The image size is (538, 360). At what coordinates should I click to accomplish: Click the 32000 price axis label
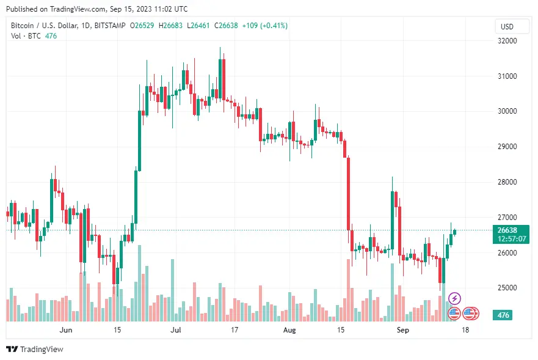click(x=508, y=41)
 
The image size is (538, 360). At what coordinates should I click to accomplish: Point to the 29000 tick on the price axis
click(x=508, y=147)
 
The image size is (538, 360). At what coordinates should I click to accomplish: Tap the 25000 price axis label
click(x=508, y=288)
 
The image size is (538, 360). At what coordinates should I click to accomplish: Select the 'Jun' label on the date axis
click(x=67, y=329)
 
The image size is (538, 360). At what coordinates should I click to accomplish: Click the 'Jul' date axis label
click(x=176, y=329)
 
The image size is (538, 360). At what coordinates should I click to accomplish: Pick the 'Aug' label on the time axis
click(x=289, y=329)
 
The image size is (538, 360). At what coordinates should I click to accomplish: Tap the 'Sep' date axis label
click(x=402, y=329)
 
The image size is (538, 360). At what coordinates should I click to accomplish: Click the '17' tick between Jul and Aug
click(x=234, y=329)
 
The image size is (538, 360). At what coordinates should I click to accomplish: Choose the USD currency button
click(x=507, y=26)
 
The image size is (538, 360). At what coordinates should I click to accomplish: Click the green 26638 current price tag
click(x=508, y=230)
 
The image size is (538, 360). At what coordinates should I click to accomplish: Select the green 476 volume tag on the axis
click(x=504, y=315)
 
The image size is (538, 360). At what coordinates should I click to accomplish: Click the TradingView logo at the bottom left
click(x=35, y=349)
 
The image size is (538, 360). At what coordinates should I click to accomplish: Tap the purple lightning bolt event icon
click(x=455, y=299)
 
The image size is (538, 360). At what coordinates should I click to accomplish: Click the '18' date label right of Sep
click(x=465, y=329)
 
